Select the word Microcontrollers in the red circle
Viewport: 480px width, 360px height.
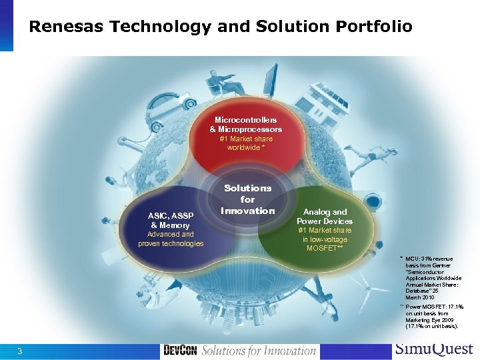tap(245, 119)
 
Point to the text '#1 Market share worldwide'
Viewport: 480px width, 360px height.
tap(245, 143)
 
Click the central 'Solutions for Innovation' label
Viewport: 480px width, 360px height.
tap(247, 199)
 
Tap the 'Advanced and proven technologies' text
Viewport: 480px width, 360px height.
tap(170, 239)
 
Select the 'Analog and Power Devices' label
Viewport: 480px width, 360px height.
tap(325, 217)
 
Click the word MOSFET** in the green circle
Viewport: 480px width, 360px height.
tap(325, 249)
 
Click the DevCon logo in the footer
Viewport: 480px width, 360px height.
tap(180, 351)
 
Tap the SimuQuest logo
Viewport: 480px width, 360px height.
tap(433, 349)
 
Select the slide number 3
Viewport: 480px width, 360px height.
tap(20, 351)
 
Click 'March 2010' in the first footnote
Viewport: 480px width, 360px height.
tap(419, 297)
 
